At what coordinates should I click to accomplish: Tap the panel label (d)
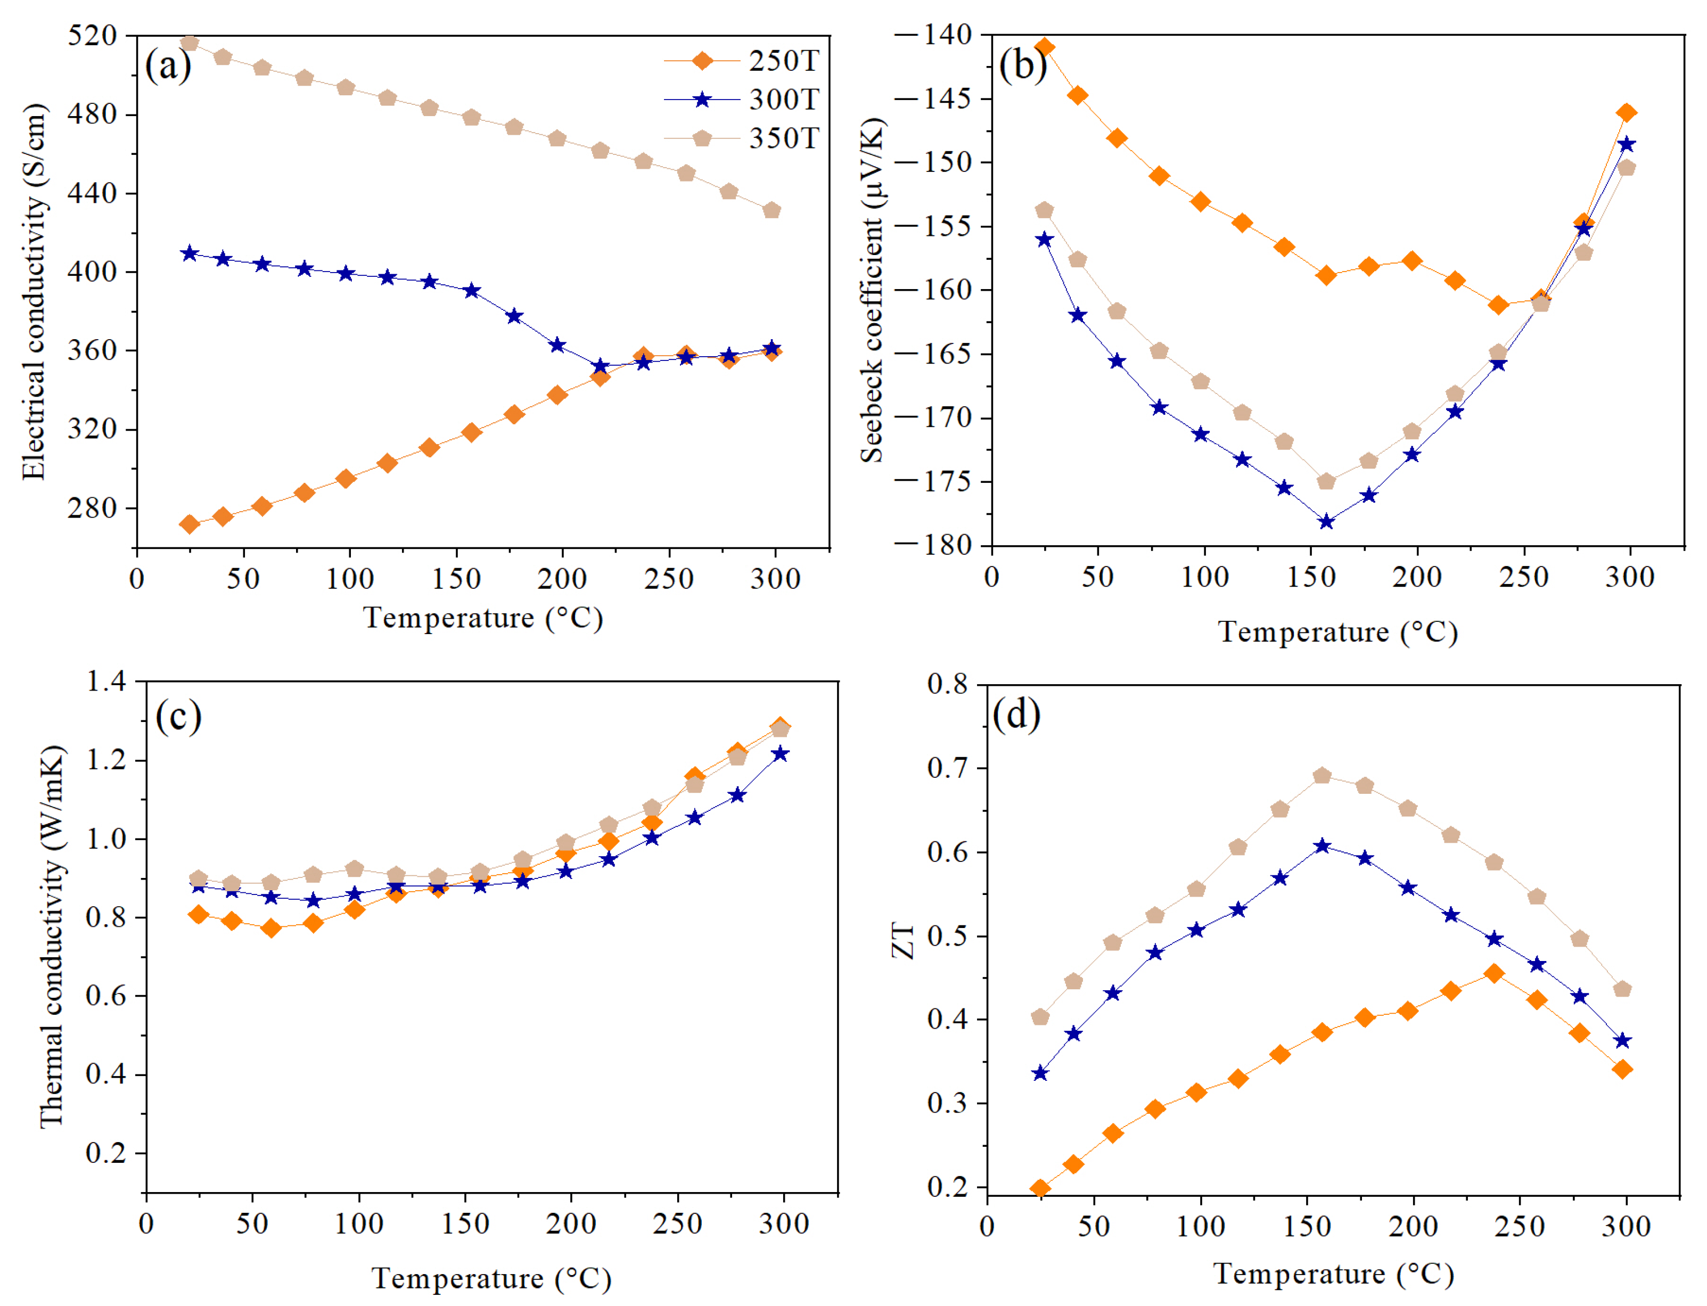(x=1016, y=713)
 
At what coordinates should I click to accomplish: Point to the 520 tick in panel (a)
(x=92, y=35)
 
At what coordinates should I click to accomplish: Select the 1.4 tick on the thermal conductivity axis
(x=106, y=682)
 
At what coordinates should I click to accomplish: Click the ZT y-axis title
(x=903, y=941)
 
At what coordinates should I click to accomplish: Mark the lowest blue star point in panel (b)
(x=1327, y=522)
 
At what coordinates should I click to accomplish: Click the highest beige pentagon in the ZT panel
(x=1322, y=776)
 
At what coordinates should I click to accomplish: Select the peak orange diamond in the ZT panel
(x=1494, y=973)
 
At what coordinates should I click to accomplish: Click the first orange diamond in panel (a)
(x=189, y=525)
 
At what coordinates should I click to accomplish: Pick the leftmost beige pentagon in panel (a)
(x=189, y=43)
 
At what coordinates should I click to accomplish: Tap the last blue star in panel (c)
(x=779, y=754)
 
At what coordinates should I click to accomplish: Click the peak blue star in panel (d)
(x=1322, y=846)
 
